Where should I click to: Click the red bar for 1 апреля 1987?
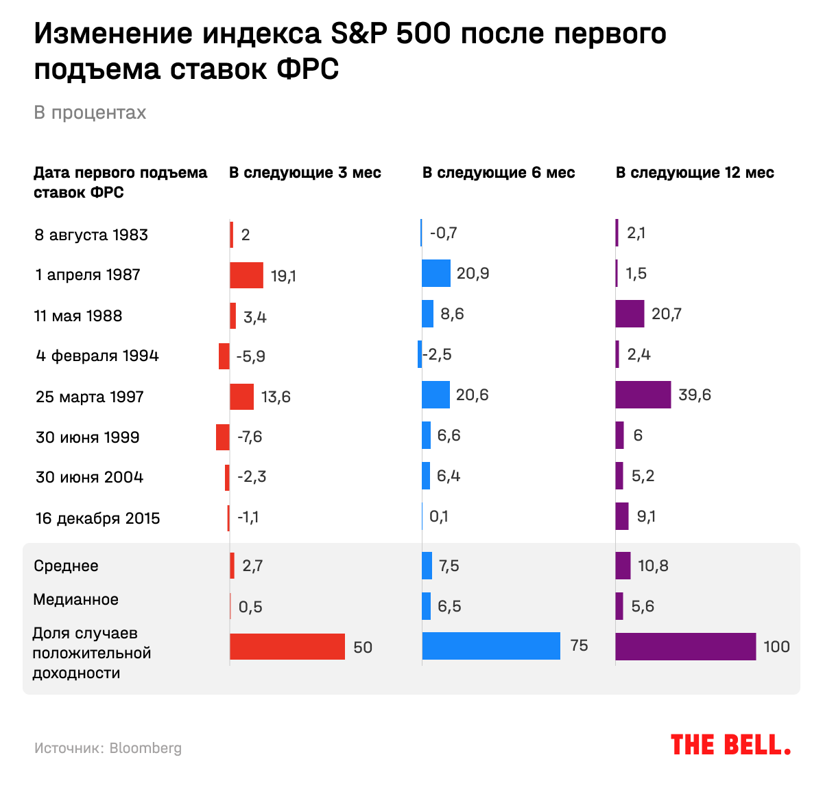coord(246,275)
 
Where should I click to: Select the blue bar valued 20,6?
coord(436,395)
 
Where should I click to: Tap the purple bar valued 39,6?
coord(643,395)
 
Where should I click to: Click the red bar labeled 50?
coord(287,647)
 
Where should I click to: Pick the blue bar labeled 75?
coord(491,646)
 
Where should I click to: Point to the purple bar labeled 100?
coord(685,647)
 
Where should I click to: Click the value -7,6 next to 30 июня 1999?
coord(250,437)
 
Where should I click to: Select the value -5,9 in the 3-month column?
coord(250,356)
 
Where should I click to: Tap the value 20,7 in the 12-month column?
coord(667,314)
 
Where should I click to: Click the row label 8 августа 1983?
coord(91,235)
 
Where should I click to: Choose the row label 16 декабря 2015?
coord(97,518)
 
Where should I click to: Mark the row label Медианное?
coord(75,599)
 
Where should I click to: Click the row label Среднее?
coord(66,566)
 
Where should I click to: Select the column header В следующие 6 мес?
coord(499,173)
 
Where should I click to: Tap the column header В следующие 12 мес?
coord(695,173)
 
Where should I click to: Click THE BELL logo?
coord(730,745)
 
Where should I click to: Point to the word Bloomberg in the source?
coord(145,748)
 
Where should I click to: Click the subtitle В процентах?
coord(90,113)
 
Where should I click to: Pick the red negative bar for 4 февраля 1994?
coord(224,356)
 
